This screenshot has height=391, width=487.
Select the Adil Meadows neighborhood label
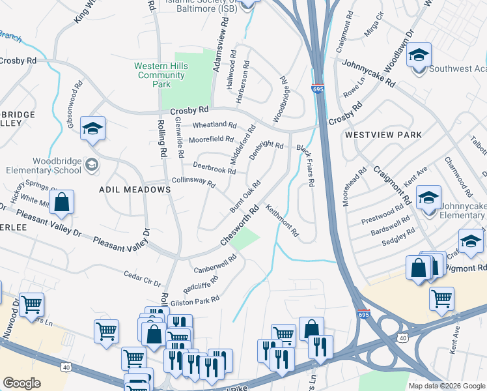point(134,189)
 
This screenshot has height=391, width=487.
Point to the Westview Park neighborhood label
point(383,135)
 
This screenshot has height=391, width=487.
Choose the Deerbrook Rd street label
point(214,170)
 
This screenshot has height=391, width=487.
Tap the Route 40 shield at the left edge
point(65,368)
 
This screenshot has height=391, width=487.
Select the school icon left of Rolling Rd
point(92,128)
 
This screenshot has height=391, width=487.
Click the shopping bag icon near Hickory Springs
point(61,203)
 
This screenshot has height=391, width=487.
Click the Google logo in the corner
point(22,383)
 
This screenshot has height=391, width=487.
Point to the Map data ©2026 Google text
point(447,386)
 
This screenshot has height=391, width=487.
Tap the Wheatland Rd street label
point(214,124)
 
